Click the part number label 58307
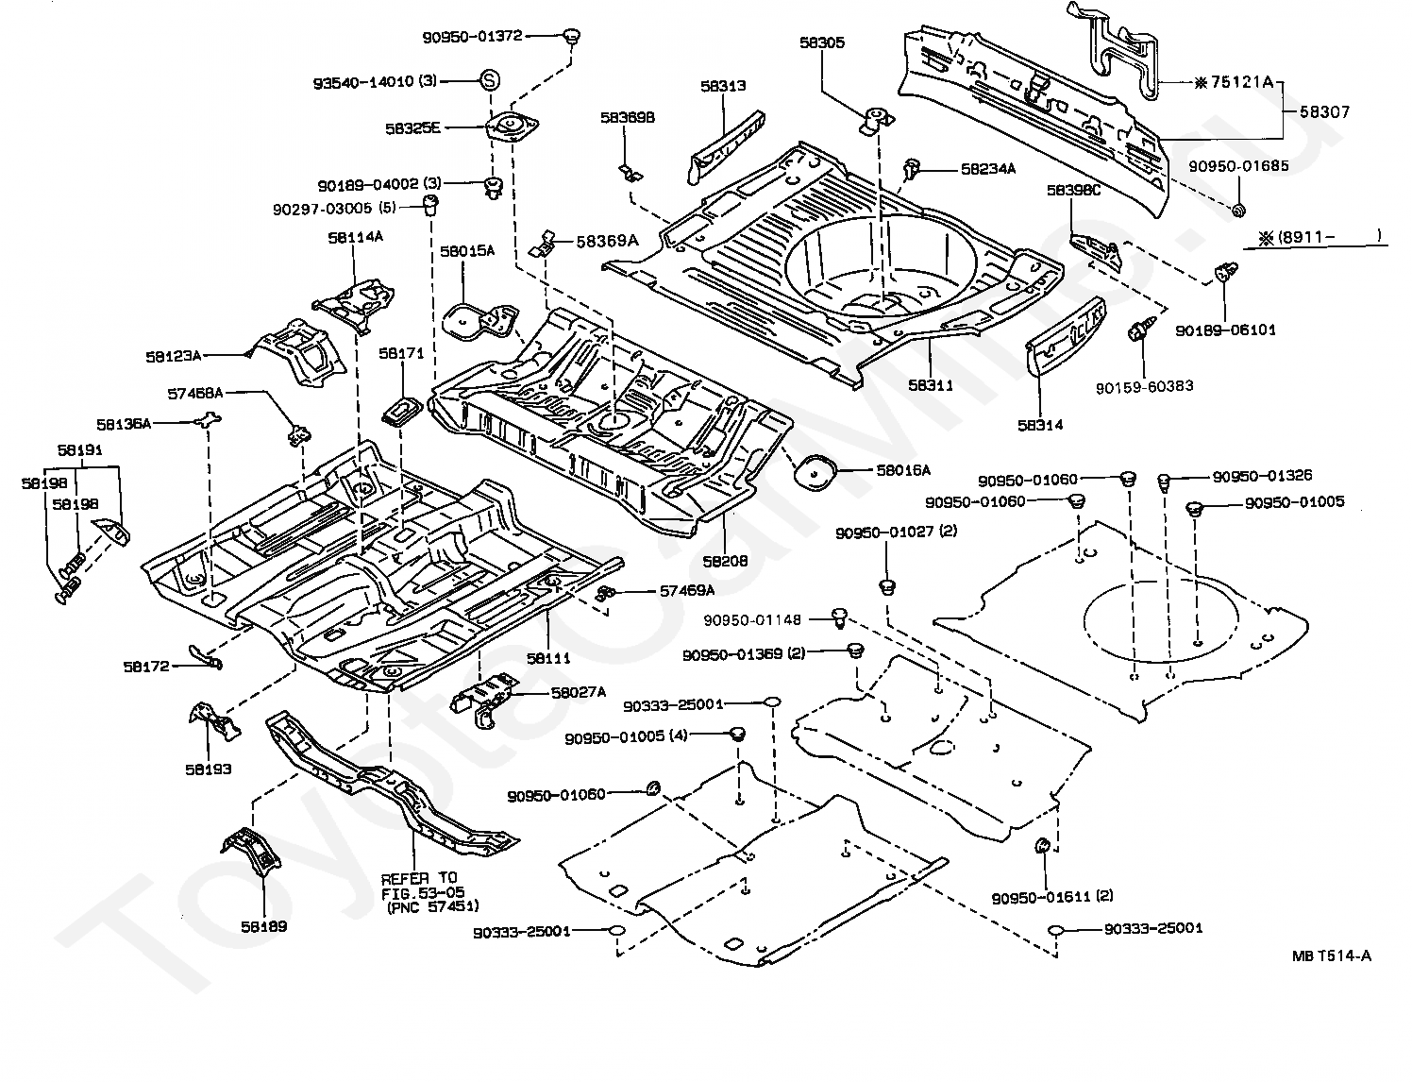click(x=1324, y=111)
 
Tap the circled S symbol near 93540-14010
click(x=490, y=81)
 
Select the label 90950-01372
click(x=473, y=37)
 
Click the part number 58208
click(x=725, y=561)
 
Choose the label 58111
click(x=548, y=658)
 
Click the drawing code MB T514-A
click(x=1332, y=955)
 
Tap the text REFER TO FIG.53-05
click(x=422, y=885)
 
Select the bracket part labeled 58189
click(x=252, y=852)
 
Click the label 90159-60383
click(x=1144, y=386)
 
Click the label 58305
click(x=822, y=42)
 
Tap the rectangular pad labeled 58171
click(x=404, y=411)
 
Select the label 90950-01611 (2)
click(x=1052, y=897)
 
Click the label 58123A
click(x=173, y=356)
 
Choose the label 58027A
click(x=579, y=693)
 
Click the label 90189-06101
click(x=1225, y=330)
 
